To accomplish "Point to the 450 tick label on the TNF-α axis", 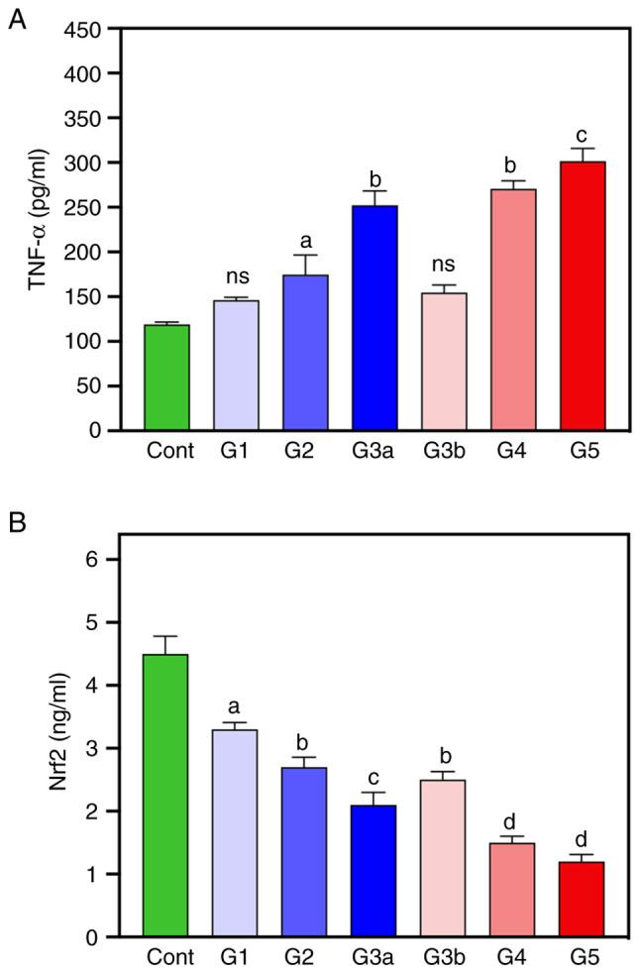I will (84, 29).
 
